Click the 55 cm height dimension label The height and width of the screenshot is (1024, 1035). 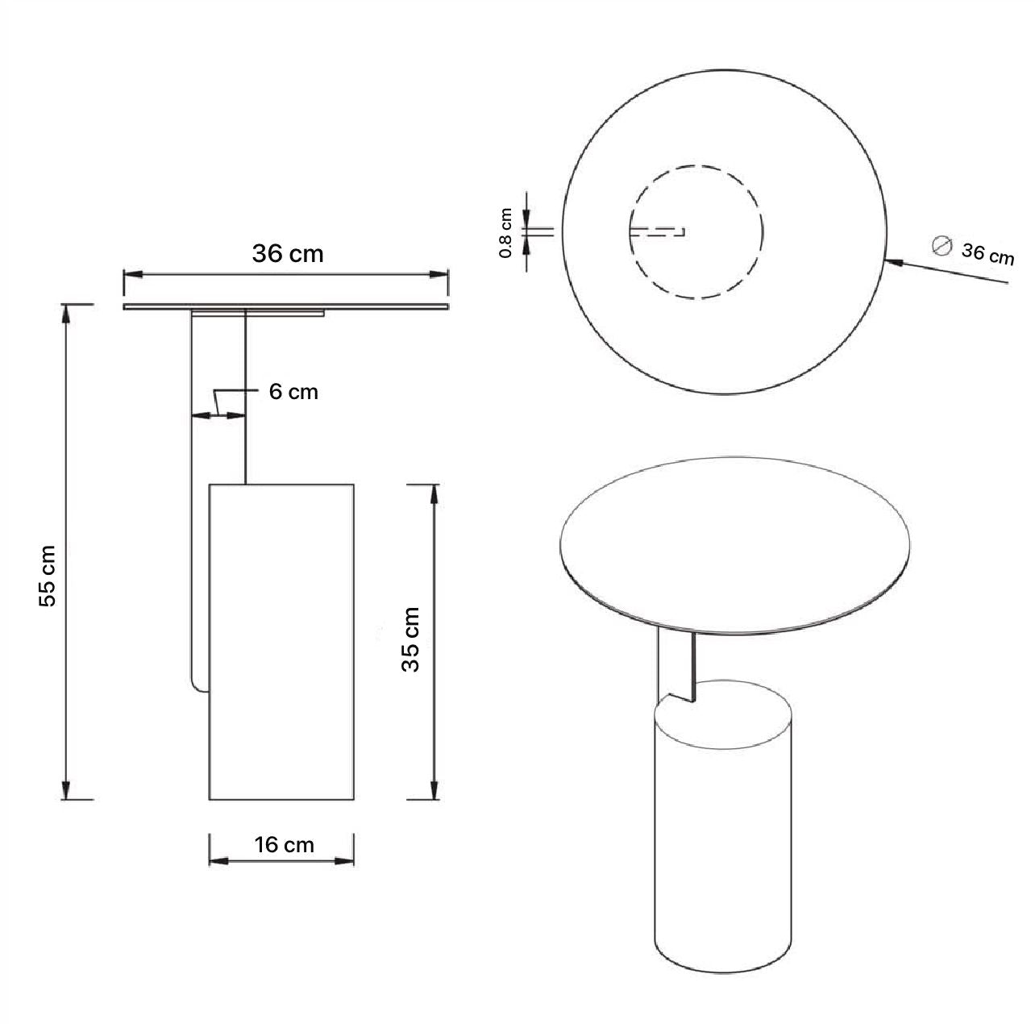point(48,576)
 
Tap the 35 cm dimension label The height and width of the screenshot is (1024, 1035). point(411,640)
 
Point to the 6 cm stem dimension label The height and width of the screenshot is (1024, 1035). point(293,392)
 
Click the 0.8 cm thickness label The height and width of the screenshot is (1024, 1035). point(505,233)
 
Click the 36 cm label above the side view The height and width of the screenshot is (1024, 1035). point(288,254)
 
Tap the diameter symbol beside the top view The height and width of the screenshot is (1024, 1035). point(941,246)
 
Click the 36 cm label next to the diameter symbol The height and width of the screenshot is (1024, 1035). point(987,254)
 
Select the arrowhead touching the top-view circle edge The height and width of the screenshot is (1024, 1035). point(896,262)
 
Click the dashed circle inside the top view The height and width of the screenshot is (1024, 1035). point(696,165)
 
